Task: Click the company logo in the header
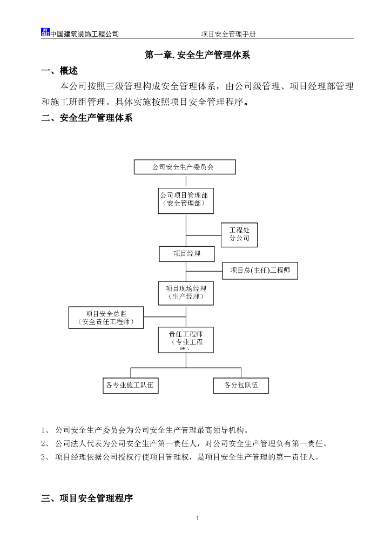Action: [45, 32]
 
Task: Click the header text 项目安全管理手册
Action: [228, 34]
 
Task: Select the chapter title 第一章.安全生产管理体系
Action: [197, 55]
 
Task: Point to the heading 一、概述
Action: [59, 71]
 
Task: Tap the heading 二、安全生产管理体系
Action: [87, 118]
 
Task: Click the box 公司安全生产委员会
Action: [185, 167]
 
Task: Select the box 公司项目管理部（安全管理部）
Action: [186, 200]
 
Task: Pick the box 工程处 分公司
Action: [239, 235]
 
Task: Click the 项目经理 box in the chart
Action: [187, 254]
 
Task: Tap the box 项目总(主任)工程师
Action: [260, 271]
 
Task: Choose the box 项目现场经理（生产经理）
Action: [186, 293]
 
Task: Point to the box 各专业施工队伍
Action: [131, 386]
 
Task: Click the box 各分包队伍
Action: [241, 386]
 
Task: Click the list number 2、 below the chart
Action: [45, 444]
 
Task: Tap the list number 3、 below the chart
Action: [45, 457]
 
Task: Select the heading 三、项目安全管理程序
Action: [87, 499]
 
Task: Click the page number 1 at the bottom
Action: [198, 519]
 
